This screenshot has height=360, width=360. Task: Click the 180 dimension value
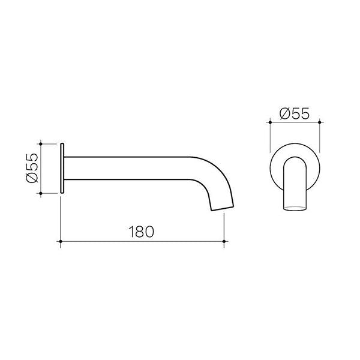142,230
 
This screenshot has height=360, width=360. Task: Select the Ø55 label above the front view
295,112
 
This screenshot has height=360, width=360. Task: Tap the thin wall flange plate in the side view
62,168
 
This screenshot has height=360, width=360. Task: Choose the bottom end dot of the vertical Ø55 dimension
40,193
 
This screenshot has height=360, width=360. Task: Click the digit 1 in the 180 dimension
131,230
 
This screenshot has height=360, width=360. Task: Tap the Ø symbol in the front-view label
284,112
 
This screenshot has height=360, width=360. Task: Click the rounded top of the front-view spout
294,158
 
